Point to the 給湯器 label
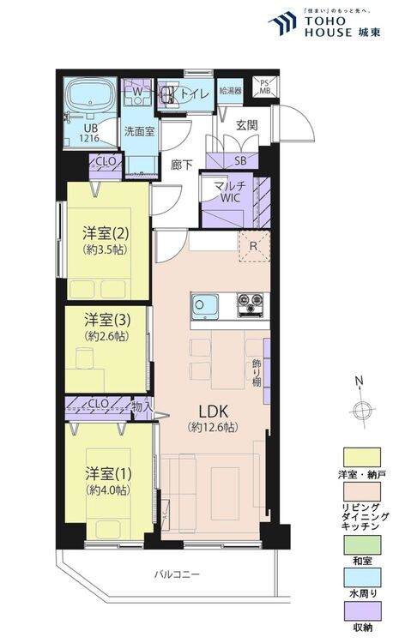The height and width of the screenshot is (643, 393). click(x=229, y=90)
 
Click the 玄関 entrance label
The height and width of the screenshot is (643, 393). click(x=246, y=125)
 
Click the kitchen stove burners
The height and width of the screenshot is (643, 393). click(x=251, y=302)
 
